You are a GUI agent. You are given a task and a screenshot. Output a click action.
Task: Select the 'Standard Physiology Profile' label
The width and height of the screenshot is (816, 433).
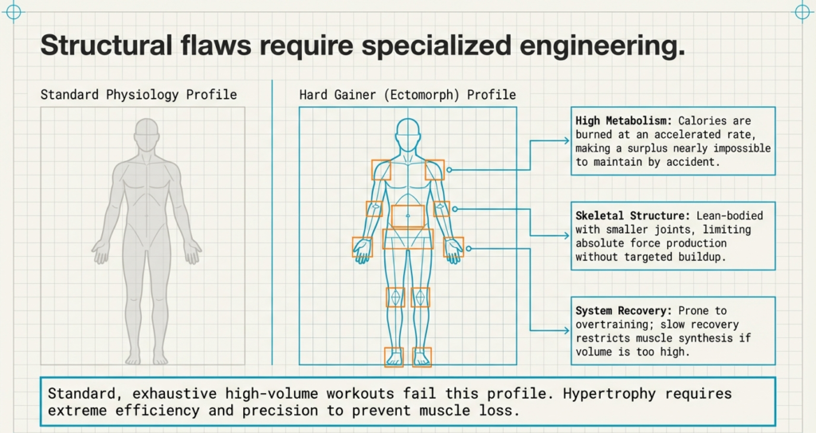(139, 95)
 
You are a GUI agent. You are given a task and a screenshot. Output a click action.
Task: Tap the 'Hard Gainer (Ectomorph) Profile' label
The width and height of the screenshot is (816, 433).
(407, 95)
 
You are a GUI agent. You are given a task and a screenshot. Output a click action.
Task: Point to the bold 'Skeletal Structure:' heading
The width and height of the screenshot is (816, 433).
(633, 215)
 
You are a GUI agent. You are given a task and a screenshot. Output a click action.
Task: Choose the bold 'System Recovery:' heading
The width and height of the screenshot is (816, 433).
(624, 310)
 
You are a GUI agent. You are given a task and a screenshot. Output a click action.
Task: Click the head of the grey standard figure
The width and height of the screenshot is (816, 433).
(146, 136)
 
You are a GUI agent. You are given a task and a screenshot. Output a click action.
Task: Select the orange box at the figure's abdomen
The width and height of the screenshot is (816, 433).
(408, 215)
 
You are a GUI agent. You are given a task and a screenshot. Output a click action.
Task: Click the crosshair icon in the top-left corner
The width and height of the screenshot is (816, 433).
(14, 12)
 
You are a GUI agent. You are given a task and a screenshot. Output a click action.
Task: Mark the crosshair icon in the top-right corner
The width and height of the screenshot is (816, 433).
(802, 12)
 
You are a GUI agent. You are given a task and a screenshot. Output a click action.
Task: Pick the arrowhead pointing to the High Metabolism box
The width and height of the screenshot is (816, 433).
(567, 140)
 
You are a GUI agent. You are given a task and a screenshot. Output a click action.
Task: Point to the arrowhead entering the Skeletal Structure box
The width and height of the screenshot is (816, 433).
(567, 234)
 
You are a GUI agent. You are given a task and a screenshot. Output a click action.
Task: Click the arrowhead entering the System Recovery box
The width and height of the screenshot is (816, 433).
(567, 329)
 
